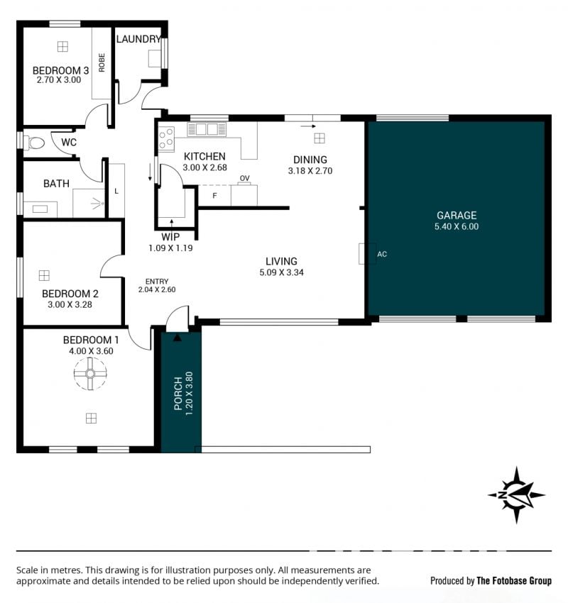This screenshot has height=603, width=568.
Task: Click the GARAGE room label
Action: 457,216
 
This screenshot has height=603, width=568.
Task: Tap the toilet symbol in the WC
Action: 34,143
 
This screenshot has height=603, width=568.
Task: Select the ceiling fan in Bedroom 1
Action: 90,373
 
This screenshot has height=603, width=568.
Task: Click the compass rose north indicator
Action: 516,495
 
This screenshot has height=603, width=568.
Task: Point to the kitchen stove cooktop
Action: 167,138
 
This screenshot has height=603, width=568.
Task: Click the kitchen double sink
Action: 207,129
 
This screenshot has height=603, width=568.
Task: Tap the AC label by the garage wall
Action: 382,254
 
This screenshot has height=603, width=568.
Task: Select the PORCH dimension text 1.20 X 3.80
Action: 189,393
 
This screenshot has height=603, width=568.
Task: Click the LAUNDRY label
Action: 138,39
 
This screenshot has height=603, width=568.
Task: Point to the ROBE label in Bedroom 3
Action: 102,62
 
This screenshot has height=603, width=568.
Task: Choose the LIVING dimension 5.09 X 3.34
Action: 281,272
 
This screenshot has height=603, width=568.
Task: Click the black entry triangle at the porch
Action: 177,338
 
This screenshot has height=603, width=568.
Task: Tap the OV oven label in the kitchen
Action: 244,178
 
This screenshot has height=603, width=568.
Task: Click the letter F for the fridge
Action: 214,196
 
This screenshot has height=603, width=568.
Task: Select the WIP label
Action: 170,237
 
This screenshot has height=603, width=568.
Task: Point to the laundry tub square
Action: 155,58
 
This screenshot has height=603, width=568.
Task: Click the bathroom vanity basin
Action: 40,209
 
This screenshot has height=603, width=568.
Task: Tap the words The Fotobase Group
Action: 514,581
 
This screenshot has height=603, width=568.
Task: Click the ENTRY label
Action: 157,282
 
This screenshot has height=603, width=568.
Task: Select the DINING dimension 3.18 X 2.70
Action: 310,171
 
